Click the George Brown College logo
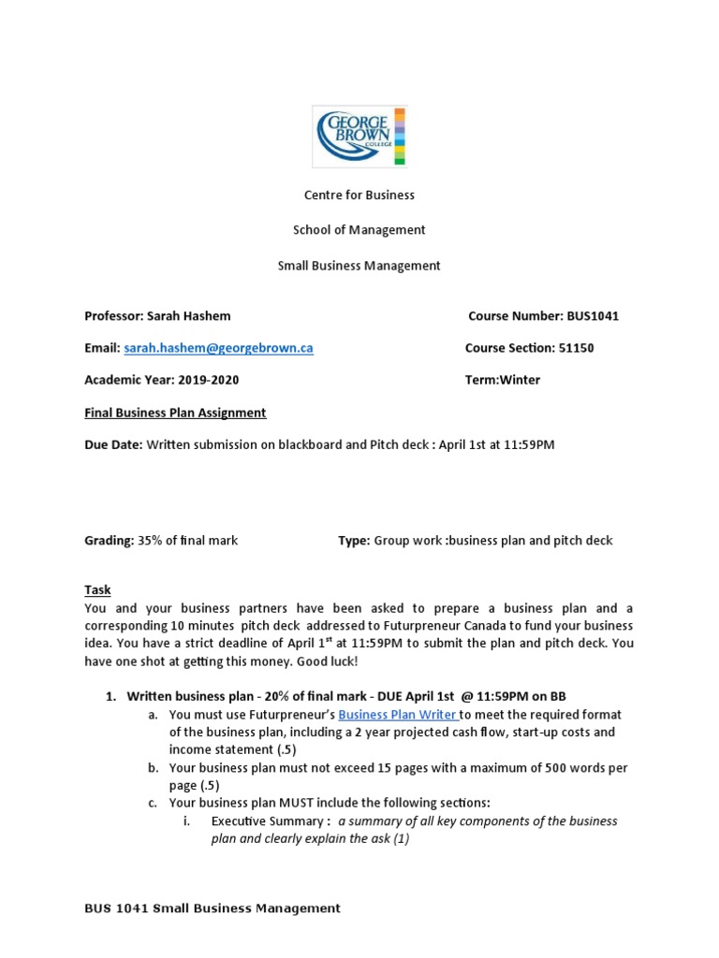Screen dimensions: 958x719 359,136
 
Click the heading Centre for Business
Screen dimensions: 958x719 359,196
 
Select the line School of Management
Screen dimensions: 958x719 359,230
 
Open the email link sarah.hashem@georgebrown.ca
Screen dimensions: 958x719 218,348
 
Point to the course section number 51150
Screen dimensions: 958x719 576,348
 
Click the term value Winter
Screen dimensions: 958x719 521,380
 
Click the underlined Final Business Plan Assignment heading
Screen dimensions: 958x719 175,413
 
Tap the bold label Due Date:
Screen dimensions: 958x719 113,444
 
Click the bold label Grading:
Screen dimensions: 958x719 110,541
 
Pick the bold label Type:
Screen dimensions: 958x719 354,541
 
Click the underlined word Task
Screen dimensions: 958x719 97,589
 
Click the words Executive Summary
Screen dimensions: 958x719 269,821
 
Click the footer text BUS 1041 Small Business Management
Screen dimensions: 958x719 213,908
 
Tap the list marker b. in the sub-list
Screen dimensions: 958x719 153,768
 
